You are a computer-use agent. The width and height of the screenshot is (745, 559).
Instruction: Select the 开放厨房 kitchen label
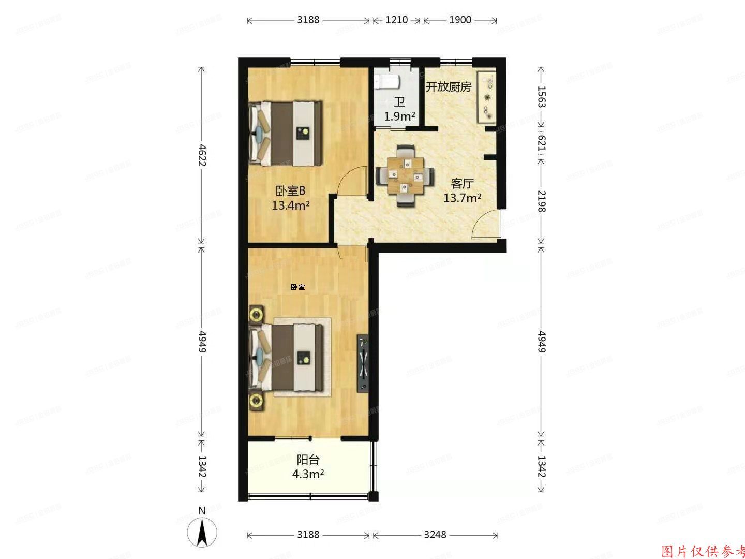tap(448, 87)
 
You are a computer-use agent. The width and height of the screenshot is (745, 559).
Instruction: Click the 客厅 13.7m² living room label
tap(462, 190)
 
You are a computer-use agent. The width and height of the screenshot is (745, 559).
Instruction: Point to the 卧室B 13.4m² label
tap(290, 198)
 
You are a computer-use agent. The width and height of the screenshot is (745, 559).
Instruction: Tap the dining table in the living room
tap(405, 176)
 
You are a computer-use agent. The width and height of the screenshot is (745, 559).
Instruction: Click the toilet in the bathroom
tap(386, 81)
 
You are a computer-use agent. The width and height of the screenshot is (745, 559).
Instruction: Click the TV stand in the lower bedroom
tap(363, 364)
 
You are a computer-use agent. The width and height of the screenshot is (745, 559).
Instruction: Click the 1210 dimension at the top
tap(396, 20)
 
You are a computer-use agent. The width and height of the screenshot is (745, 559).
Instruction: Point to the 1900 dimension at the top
tap(460, 20)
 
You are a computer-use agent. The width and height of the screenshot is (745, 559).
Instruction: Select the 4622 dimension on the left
tap(202, 155)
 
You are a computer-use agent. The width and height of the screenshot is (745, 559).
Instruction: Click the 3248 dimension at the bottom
tap(435, 535)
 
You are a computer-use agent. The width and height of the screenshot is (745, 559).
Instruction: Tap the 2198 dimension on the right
tap(541, 201)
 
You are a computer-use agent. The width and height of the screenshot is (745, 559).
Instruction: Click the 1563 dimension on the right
tap(541, 96)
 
